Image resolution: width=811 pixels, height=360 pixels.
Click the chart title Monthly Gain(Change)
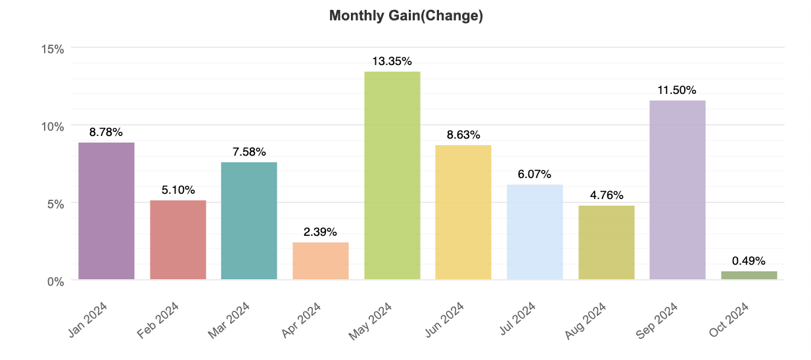click(406, 16)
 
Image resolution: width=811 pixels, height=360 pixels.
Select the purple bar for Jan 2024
click(106, 211)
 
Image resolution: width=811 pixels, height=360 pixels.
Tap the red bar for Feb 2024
click(178, 240)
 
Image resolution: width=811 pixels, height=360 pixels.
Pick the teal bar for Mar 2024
click(249, 221)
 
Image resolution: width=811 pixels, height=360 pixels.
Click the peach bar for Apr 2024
click(321, 261)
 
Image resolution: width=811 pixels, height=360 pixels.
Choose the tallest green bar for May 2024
click(392, 175)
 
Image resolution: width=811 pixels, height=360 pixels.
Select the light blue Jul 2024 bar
click(535, 232)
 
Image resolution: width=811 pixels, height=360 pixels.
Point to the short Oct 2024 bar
click(749, 275)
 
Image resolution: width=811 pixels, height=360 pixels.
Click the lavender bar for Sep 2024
click(678, 190)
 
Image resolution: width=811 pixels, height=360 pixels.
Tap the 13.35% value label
click(392, 62)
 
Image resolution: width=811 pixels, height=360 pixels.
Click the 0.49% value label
click(749, 261)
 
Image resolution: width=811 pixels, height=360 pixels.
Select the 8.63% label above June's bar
click(463, 135)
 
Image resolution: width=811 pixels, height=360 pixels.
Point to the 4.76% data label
click(607, 195)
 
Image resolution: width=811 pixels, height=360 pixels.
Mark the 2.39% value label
click(320, 232)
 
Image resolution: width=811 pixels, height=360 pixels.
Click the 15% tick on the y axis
click(53, 49)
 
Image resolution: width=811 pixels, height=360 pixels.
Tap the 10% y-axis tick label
click(53, 127)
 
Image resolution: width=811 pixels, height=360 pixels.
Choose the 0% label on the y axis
click(56, 282)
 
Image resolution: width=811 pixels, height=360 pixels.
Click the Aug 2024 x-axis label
click(586, 321)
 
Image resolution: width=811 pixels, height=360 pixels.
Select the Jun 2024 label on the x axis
click(444, 320)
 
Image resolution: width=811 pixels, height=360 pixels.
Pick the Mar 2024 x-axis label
click(229, 321)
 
